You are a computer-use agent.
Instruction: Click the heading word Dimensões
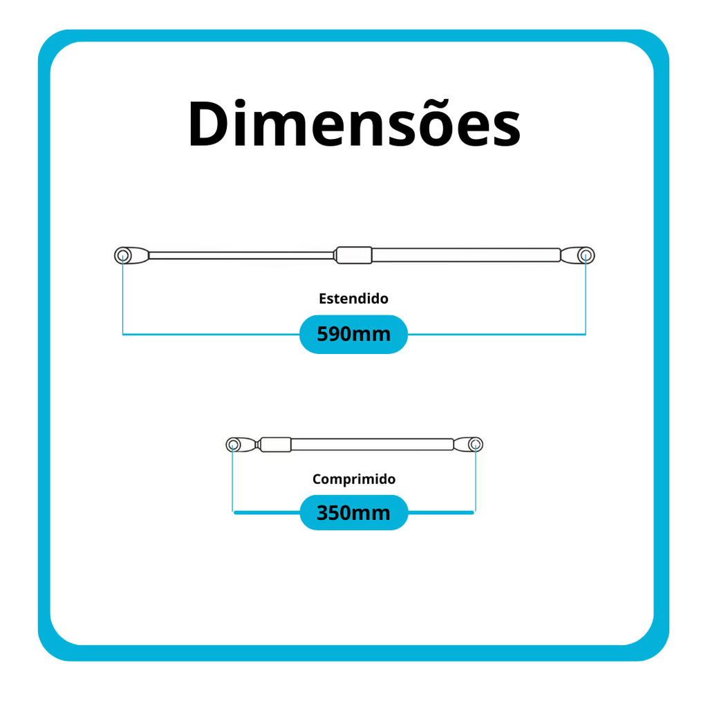(x=354, y=124)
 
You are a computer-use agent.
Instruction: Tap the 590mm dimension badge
(x=353, y=335)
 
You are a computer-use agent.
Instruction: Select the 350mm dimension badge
(x=353, y=513)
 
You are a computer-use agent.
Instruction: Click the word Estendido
(x=353, y=299)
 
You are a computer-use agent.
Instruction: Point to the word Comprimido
(x=353, y=478)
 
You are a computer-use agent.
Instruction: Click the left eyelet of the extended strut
(x=123, y=255)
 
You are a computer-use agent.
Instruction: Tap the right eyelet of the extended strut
(x=585, y=255)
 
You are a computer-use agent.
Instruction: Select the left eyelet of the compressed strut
(x=233, y=444)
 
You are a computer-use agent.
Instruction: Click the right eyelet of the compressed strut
(x=475, y=444)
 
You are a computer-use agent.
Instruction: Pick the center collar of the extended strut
(x=353, y=255)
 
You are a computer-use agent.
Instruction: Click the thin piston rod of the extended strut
(x=242, y=255)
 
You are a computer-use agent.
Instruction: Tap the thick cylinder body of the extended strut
(x=467, y=255)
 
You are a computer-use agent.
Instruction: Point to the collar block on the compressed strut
(x=275, y=444)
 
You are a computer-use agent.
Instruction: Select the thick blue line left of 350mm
(x=267, y=513)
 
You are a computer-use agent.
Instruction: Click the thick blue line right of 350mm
(x=440, y=513)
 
